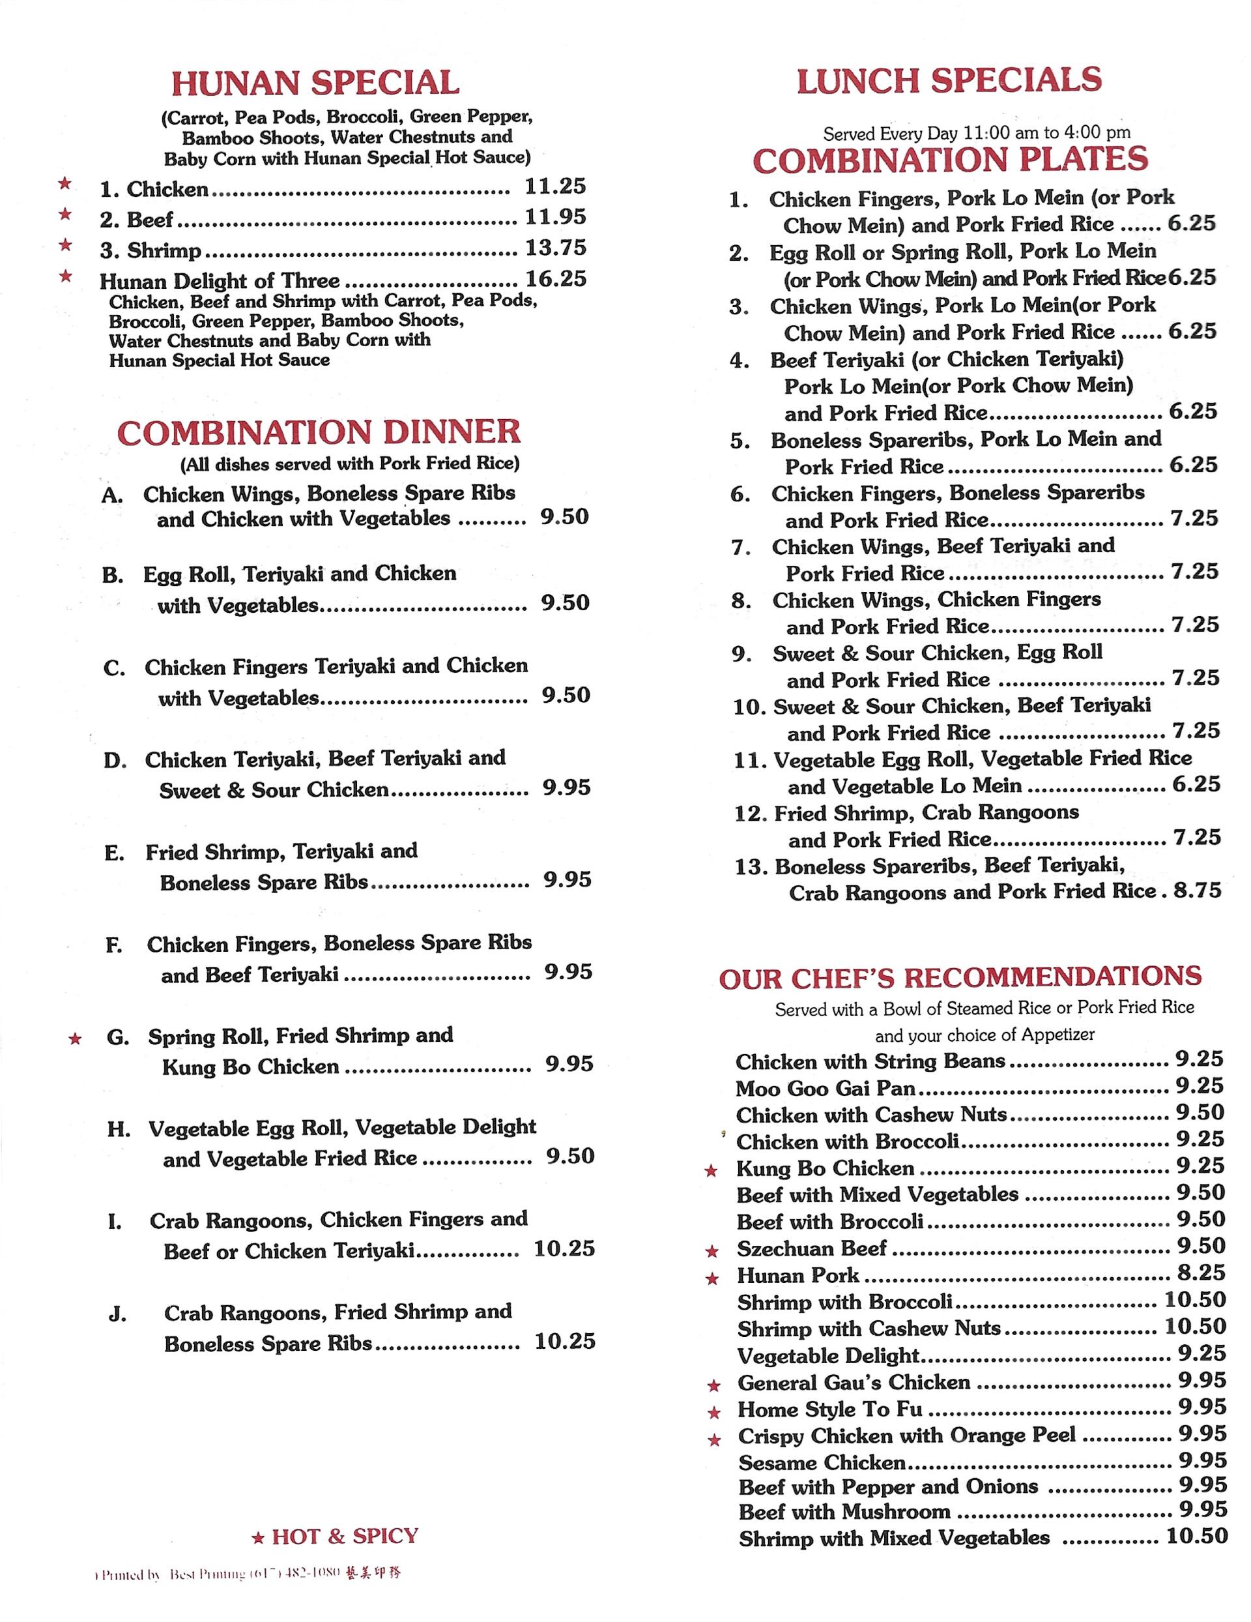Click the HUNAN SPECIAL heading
315,83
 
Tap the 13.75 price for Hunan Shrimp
555,247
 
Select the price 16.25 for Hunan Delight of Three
555,278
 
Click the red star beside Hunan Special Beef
65,214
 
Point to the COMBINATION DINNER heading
319,432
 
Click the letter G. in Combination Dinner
117,1037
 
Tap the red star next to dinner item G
75,1039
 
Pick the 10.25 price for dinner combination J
564,1340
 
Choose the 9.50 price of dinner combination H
570,1156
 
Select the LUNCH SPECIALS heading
949,81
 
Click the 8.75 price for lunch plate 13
1197,891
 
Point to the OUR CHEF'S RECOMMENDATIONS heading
960,977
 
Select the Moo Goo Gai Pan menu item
825,1089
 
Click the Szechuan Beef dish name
811,1248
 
